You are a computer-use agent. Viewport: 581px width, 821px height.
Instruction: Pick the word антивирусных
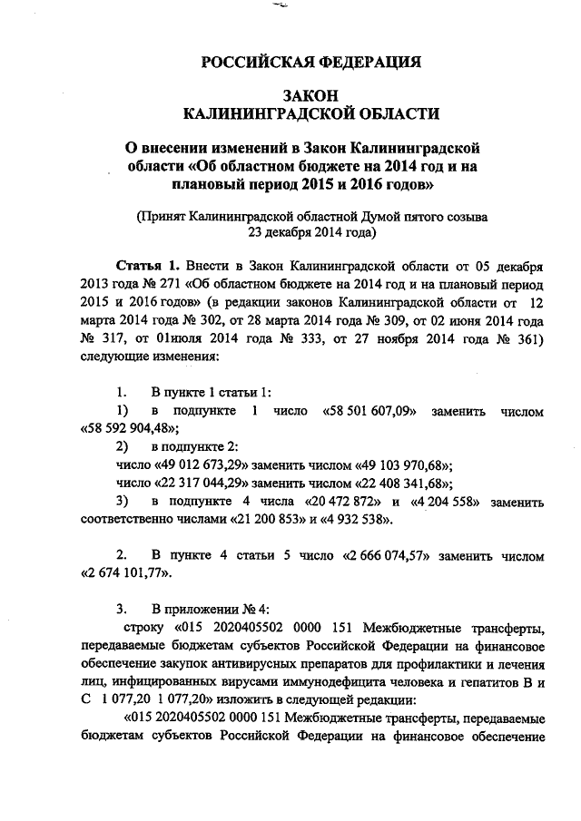251,663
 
